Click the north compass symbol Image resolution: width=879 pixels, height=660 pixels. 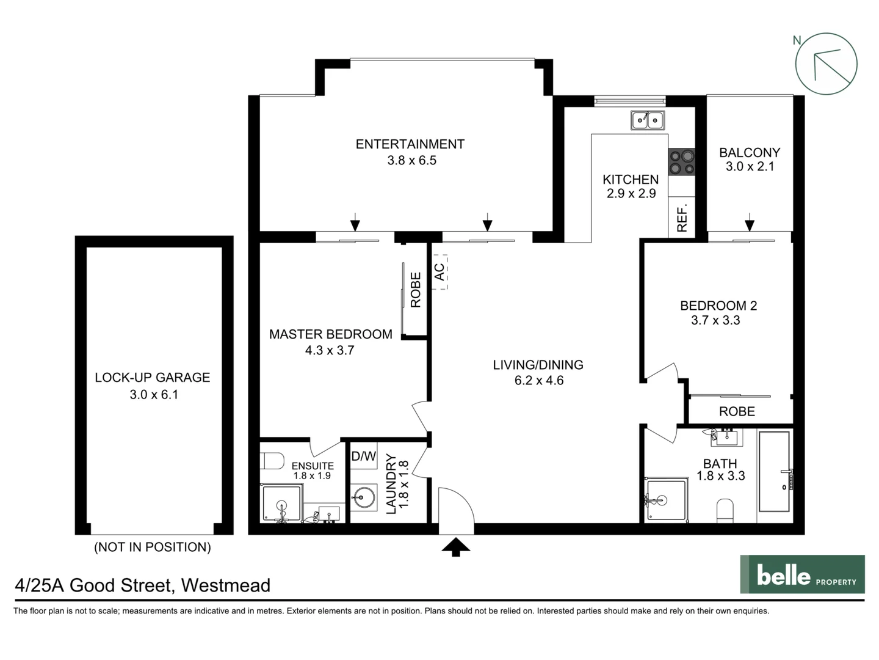coord(826,64)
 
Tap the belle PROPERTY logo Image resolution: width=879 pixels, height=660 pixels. coord(802,574)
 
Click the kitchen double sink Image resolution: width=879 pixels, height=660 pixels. coord(648,120)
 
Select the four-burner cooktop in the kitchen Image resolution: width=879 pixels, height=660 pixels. coord(682,162)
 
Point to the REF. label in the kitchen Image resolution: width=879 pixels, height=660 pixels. coord(682,218)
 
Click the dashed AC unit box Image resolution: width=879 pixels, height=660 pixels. coord(440,272)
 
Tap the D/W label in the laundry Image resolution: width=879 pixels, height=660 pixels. coord(364,456)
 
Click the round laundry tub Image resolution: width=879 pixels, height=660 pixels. coord(364,497)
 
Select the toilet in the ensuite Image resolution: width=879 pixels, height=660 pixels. coord(272,460)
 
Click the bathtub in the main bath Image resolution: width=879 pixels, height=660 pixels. coord(774,471)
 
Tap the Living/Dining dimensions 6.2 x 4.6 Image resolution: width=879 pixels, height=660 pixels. coord(538,381)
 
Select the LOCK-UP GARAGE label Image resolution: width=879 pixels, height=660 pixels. coord(152,378)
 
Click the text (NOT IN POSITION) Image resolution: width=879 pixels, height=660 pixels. coord(152,547)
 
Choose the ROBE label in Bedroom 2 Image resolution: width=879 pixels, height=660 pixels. coord(737,411)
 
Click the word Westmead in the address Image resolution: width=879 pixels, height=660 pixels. coord(226,585)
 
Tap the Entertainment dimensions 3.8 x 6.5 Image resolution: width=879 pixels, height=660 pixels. coord(411,161)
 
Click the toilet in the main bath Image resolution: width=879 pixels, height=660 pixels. coord(724,511)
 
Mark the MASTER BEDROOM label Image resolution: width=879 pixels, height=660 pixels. coord(330,334)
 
